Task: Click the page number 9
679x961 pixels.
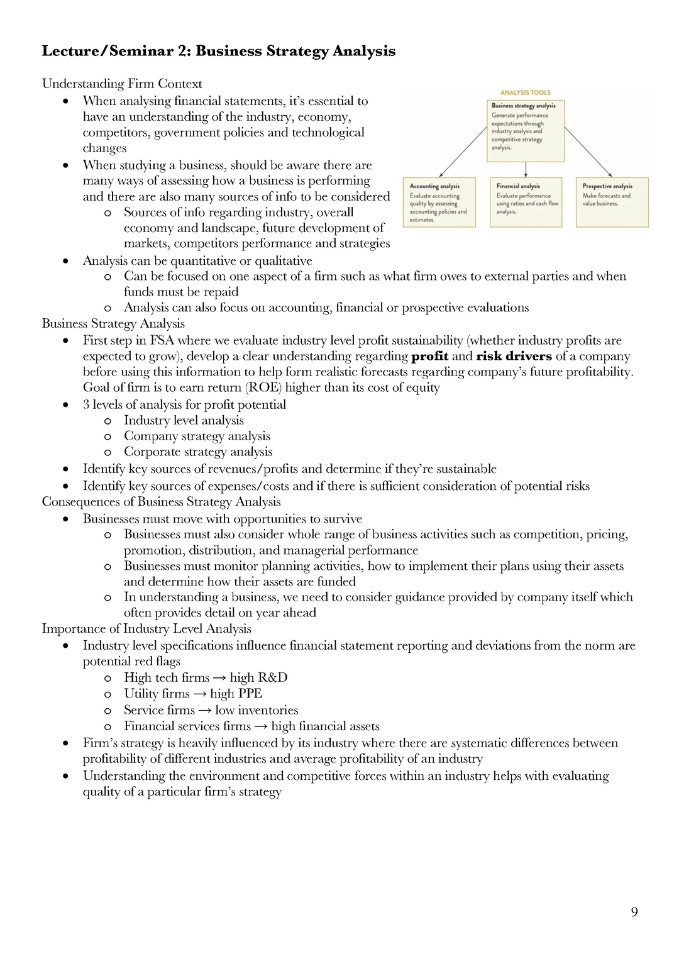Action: pos(634,912)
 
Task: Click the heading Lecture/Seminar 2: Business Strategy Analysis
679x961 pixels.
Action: pos(218,51)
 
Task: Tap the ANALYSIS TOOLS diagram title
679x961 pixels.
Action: pos(525,92)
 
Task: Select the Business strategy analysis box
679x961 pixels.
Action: pos(526,130)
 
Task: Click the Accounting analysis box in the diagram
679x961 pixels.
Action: pos(439,202)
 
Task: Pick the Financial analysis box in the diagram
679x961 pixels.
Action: pos(526,202)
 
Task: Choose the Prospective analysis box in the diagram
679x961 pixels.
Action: pos(612,202)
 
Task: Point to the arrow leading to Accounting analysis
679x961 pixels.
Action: pos(463,152)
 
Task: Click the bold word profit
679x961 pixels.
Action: pos(429,356)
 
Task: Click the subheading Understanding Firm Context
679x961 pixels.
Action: pos(122,84)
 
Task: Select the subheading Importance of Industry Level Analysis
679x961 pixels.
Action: pos(146,628)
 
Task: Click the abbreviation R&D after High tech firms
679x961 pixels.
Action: pos(272,677)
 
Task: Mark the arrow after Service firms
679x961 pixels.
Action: pos(205,710)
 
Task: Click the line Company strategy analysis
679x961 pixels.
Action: pos(197,436)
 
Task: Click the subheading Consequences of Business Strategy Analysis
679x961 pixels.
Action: pos(161,501)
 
